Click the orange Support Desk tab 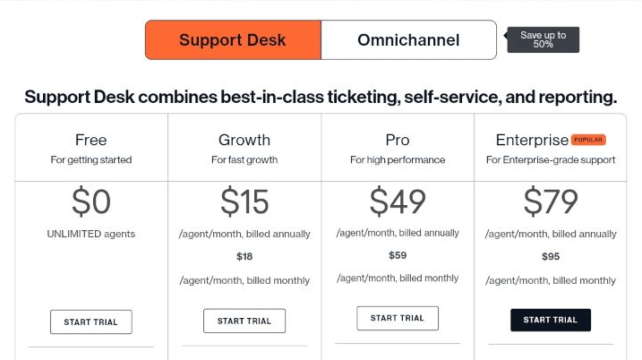pyautogui.click(x=233, y=39)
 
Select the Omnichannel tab pyautogui.click(x=408, y=39)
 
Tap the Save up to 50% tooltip pyautogui.click(x=543, y=39)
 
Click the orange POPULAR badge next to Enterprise pyautogui.click(x=588, y=140)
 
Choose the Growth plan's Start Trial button pyautogui.click(x=244, y=321)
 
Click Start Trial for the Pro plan pyautogui.click(x=398, y=318)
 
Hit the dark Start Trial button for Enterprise pyautogui.click(x=551, y=320)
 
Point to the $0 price pyautogui.click(x=91, y=201)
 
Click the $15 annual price pyautogui.click(x=244, y=201)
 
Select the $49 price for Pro pyautogui.click(x=398, y=201)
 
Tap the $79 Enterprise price pyautogui.click(x=551, y=201)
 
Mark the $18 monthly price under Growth pyautogui.click(x=244, y=257)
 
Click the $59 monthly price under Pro pyautogui.click(x=398, y=255)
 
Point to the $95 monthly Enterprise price pyautogui.click(x=551, y=257)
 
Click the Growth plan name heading pyautogui.click(x=244, y=140)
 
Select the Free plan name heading pyautogui.click(x=91, y=140)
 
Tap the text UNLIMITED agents pyautogui.click(x=91, y=234)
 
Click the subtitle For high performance pyautogui.click(x=398, y=159)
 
